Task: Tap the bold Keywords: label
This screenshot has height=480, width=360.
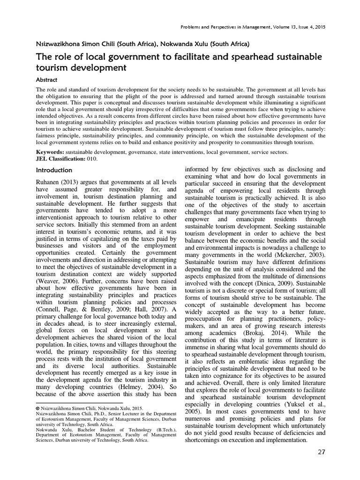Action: (51, 153)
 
